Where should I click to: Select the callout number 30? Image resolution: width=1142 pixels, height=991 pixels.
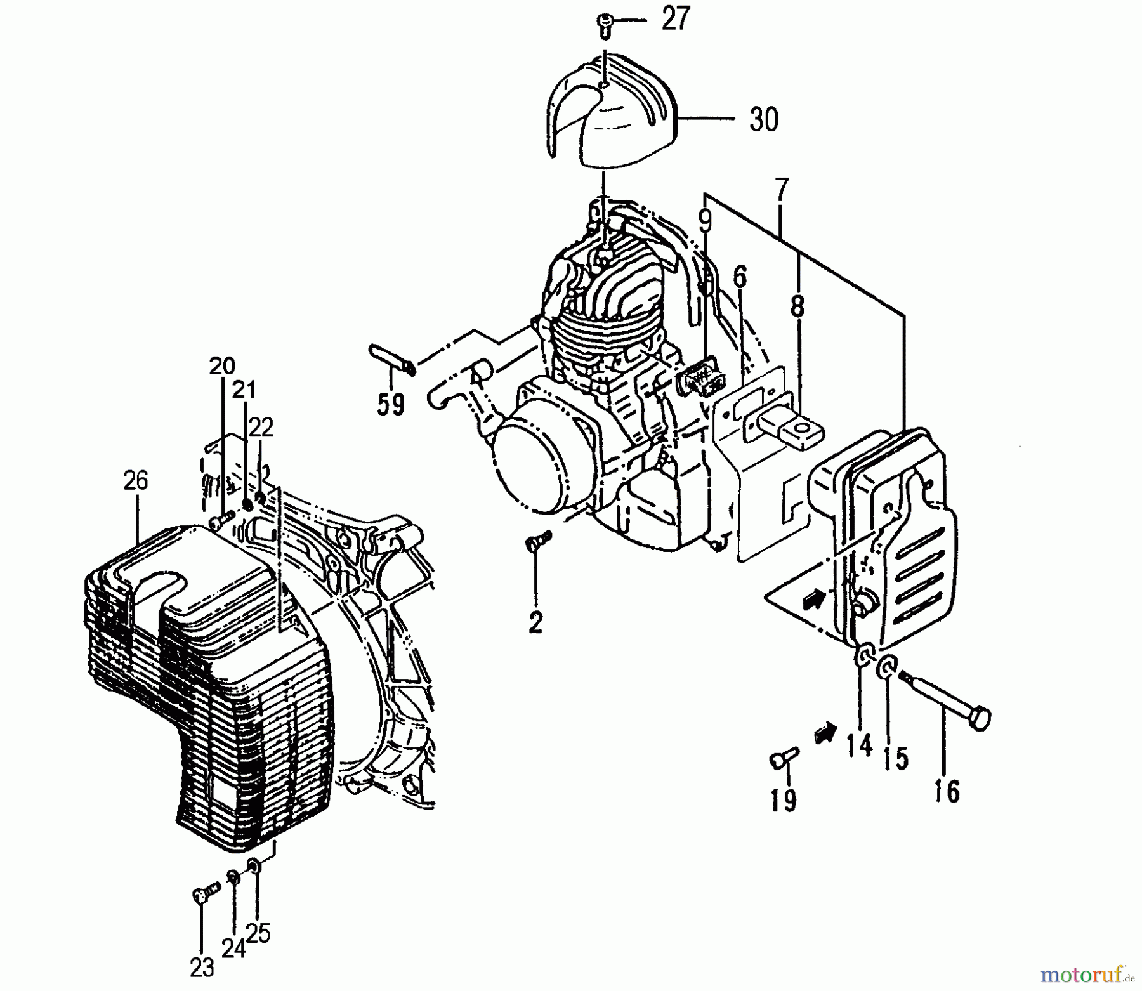pyautogui.click(x=763, y=119)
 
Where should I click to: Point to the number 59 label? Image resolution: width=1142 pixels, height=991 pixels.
pyautogui.click(x=390, y=404)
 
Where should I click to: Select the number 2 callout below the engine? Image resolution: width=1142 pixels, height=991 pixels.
pyautogui.click(x=536, y=622)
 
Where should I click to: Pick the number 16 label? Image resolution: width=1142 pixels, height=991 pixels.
pyautogui.click(x=947, y=791)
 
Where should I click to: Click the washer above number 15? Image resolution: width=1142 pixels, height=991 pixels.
pyautogui.click(x=886, y=667)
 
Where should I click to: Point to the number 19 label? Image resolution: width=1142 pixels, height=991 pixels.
pyautogui.click(x=784, y=801)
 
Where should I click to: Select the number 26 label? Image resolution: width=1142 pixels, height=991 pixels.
pyautogui.click(x=136, y=481)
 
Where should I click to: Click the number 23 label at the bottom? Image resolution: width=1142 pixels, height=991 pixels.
pyautogui.click(x=202, y=968)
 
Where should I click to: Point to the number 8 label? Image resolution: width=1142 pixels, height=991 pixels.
pyautogui.click(x=797, y=308)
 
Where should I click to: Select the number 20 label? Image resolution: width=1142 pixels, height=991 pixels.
pyautogui.click(x=222, y=366)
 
